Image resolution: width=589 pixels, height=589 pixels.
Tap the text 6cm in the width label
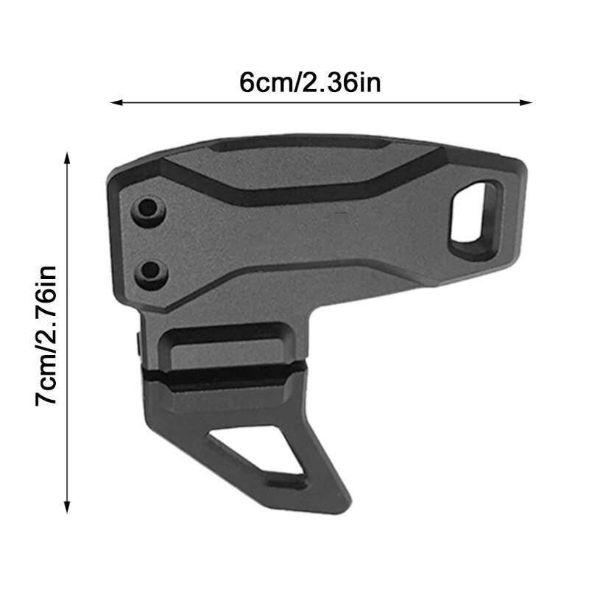(x=265, y=82)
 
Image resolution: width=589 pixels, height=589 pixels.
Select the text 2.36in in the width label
(x=343, y=82)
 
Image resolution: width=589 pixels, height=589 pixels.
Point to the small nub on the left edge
(x=139, y=340)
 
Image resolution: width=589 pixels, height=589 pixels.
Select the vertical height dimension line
(x=68, y=331)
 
